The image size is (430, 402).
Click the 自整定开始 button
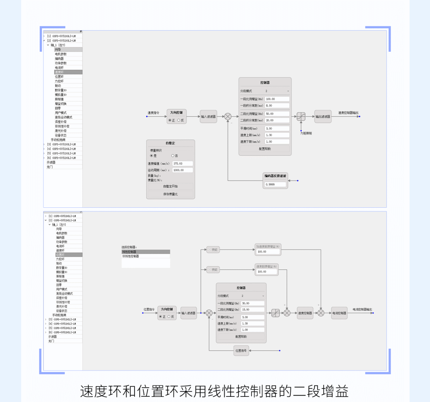click(x=170, y=186)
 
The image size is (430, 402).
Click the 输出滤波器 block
click(x=323, y=117)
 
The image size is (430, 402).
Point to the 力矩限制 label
click(x=306, y=133)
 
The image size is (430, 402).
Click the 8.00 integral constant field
click(x=277, y=105)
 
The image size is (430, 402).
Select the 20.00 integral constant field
click(x=277, y=120)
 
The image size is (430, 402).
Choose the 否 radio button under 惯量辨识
click(x=173, y=156)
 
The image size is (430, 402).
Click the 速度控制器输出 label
click(x=348, y=113)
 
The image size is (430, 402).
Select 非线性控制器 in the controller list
click(x=131, y=256)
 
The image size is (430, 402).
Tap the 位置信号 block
click(x=241, y=351)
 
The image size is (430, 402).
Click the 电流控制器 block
click(x=339, y=313)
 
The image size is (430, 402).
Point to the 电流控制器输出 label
click(x=362, y=309)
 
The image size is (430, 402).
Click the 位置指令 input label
click(x=149, y=309)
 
